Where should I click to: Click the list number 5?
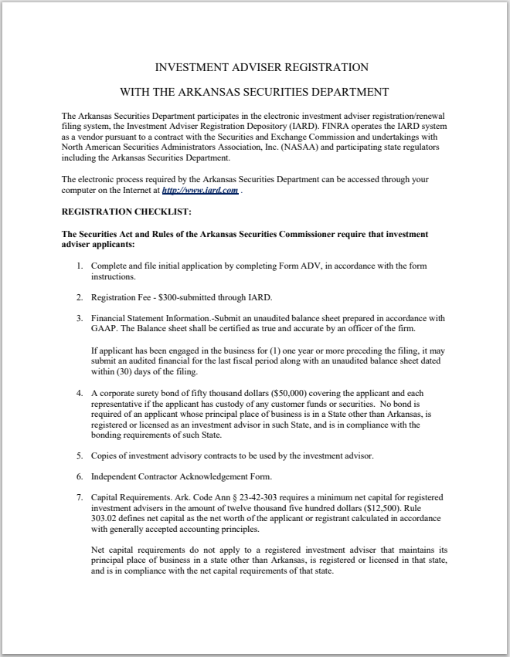(79, 455)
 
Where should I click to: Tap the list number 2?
(79, 296)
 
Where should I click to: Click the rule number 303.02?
(107, 520)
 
